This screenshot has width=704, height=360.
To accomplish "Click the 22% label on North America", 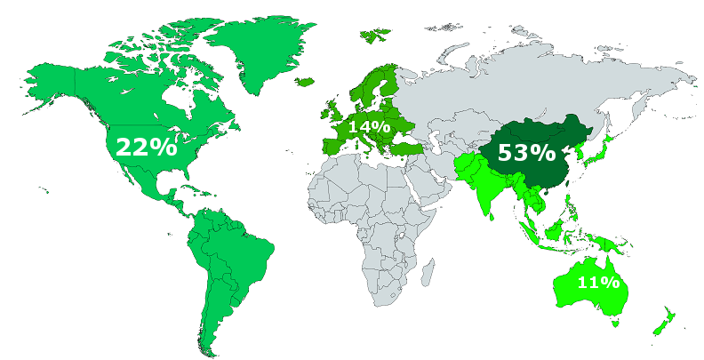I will click(x=146, y=148).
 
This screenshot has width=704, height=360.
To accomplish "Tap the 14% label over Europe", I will click(x=368, y=127).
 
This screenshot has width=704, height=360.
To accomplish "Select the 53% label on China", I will click(x=525, y=152).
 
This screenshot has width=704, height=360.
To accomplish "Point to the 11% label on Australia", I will click(x=598, y=283).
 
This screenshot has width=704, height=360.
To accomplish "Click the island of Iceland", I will click(x=304, y=82).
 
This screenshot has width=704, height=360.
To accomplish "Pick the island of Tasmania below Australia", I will click(x=613, y=324).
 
